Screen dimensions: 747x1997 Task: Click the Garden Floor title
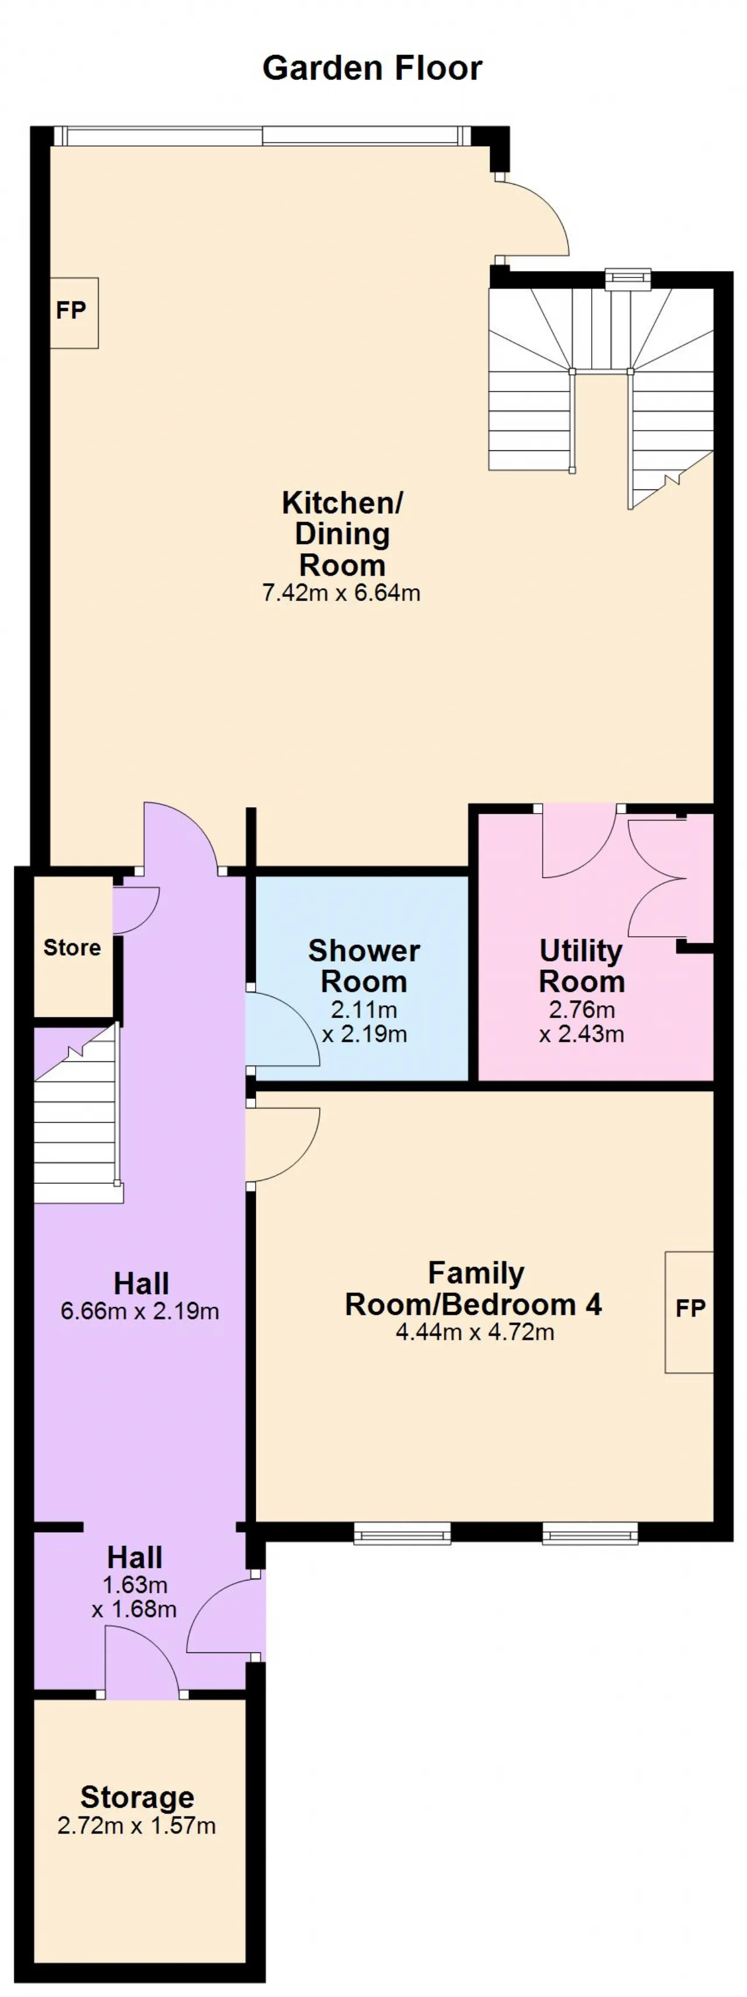pyautogui.click(x=372, y=68)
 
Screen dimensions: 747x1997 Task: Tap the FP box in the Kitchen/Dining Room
pyautogui.click(x=74, y=312)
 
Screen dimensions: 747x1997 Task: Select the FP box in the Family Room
pyautogui.click(x=689, y=1312)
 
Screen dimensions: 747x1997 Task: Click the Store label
pyautogui.click(x=72, y=947)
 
